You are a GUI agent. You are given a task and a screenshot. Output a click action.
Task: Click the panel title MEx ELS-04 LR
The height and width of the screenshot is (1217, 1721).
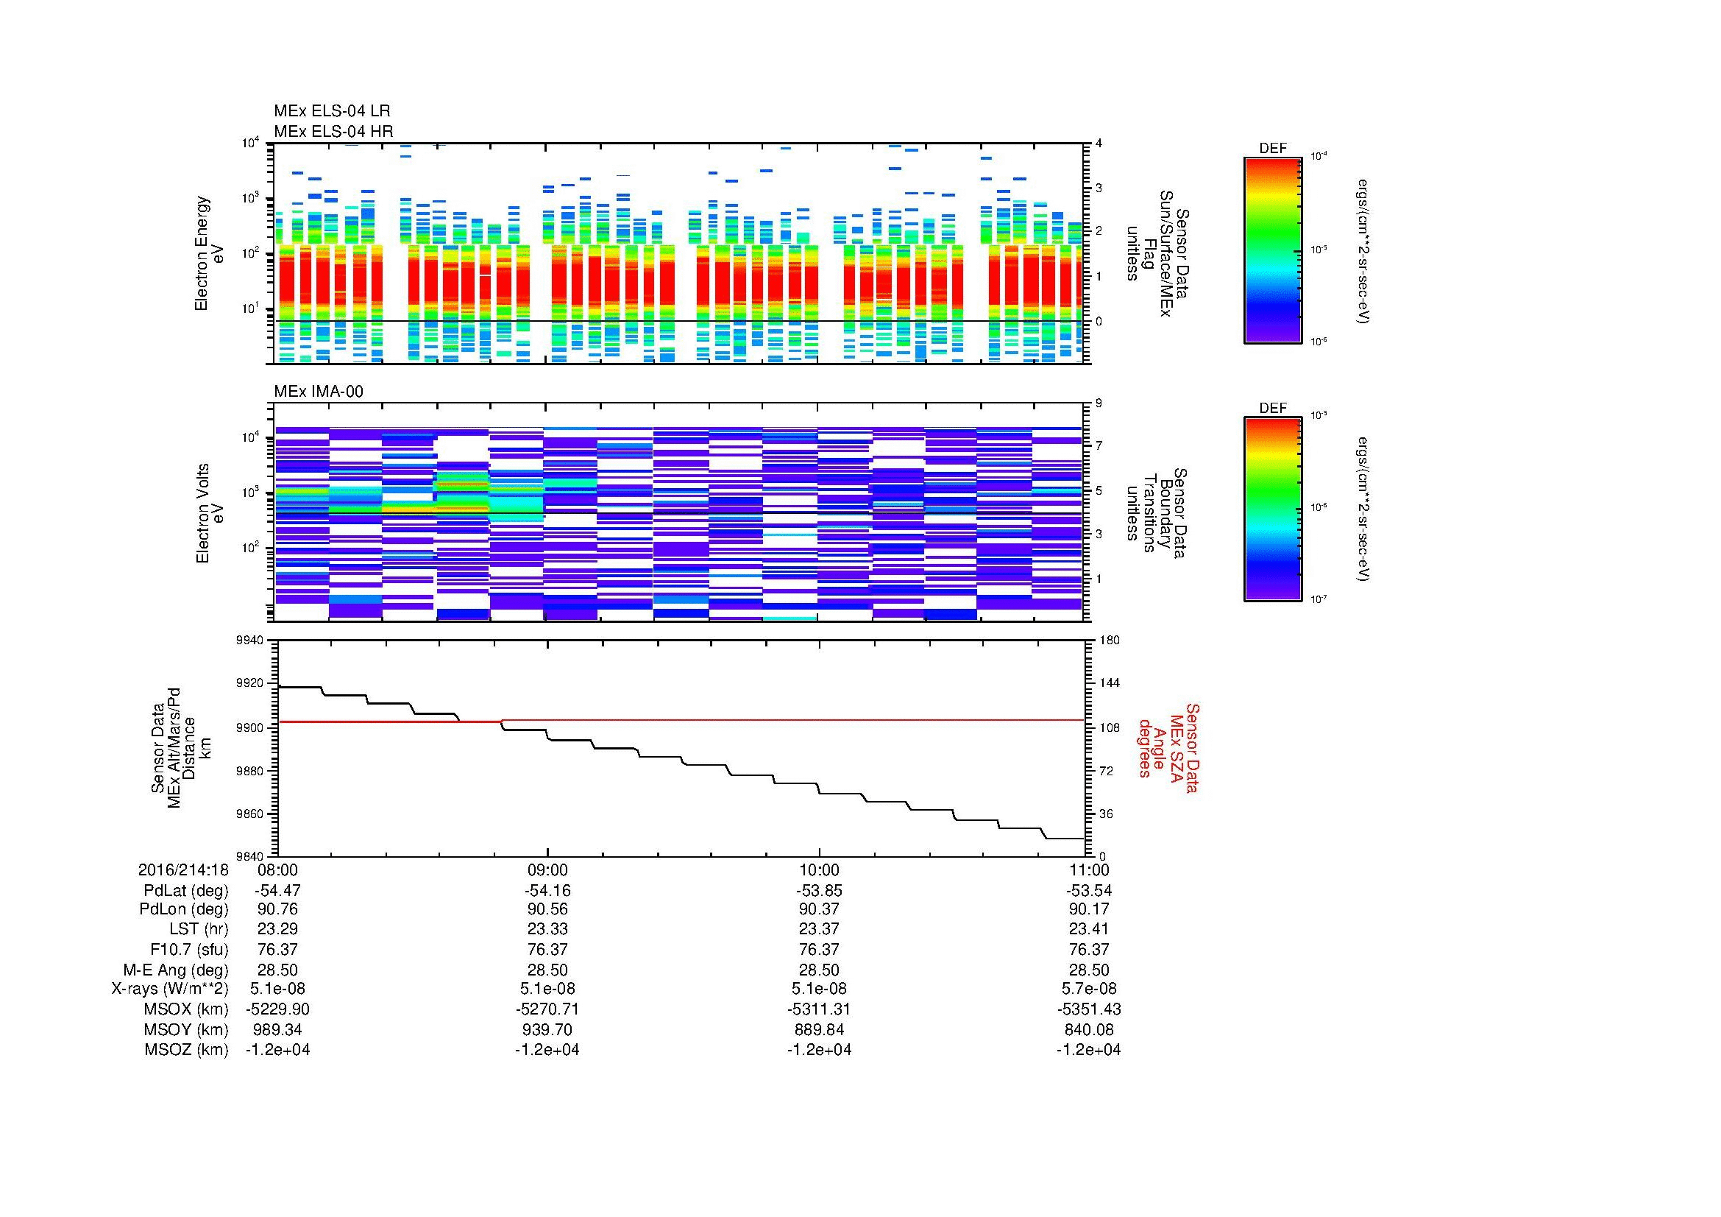click(x=331, y=111)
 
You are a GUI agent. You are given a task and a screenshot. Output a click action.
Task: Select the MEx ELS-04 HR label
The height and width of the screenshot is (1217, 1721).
click(x=333, y=131)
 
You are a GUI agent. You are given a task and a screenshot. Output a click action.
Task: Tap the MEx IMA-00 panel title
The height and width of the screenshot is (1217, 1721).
click(x=318, y=392)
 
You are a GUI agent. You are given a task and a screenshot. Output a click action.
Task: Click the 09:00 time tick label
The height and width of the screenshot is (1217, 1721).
click(x=548, y=869)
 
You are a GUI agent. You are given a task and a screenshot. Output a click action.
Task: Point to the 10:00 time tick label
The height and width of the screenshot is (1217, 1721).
click(x=819, y=869)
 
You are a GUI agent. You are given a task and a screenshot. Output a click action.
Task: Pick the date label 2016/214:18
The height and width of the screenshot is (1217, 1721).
click(x=183, y=869)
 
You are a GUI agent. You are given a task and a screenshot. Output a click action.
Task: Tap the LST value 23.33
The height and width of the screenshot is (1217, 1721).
click(x=548, y=930)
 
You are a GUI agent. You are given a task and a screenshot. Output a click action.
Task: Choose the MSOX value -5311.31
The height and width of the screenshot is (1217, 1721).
click(x=819, y=1009)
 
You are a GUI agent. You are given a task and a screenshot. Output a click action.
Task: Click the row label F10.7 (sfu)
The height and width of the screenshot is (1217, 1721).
click(x=189, y=949)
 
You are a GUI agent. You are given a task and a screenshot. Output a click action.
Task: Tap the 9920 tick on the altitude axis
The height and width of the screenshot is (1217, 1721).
click(x=249, y=683)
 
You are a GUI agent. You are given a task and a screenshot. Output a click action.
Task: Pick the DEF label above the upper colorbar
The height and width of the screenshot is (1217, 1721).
click(x=1273, y=149)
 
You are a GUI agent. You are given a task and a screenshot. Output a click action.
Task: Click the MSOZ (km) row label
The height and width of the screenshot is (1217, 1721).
click(x=186, y=1050)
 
